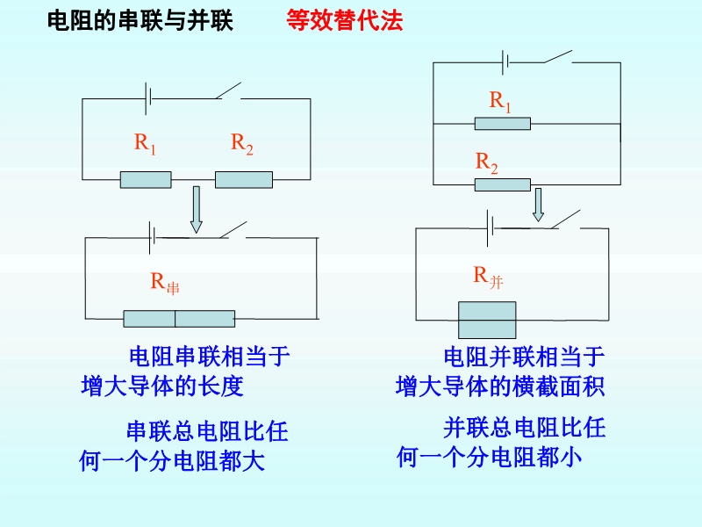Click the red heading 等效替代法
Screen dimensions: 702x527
click(344, 20)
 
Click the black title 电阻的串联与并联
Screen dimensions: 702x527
click(140, 20)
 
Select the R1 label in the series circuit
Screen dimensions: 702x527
click(145, 144)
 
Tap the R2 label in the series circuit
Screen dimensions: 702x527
click(242, 144)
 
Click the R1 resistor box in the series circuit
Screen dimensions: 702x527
click(146, 180)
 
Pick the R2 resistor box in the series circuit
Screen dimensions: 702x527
click(244, 180)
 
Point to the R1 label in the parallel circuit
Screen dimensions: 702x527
click(500, 102)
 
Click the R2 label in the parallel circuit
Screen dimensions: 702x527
click(487, 162)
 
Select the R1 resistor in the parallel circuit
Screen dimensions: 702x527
click(502, 124)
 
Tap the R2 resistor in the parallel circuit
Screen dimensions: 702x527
click(502, 184)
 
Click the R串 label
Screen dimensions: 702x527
click(165, 283)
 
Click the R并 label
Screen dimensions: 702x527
click(489, 278)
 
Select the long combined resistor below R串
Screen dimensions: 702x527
click(179, 319)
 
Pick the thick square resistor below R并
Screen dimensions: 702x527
click(487, 320)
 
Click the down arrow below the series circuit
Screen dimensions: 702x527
click(196, 210)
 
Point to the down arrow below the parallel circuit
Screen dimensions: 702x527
click(538, 205)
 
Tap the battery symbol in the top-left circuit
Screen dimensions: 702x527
click(148, 98)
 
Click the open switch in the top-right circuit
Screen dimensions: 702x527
click(557, 57)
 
